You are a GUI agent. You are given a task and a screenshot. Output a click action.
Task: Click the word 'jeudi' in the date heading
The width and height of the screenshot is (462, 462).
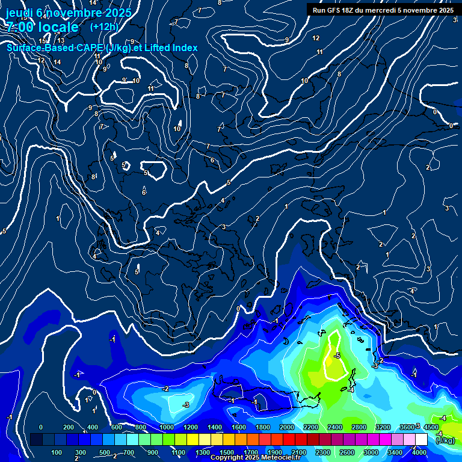point(19,13)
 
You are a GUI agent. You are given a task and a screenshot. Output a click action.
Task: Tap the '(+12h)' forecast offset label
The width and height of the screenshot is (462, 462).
point(104,27)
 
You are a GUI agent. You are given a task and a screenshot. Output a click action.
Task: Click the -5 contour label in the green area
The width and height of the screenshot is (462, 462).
point(337,356)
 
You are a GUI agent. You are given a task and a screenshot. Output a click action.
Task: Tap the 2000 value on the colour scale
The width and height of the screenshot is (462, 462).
point(286,427)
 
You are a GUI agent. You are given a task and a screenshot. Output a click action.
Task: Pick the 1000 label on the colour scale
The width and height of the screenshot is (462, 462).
point(167,427)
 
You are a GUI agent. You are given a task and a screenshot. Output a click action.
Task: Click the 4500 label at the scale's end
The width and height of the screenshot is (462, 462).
point(431,427)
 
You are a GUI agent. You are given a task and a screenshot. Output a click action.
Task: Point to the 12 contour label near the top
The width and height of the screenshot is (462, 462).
point(316,38)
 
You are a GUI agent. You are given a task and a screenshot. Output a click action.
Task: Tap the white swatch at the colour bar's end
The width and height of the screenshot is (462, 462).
point(421,439)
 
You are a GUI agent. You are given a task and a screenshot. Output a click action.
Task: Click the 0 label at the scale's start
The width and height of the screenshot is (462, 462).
point(41,427)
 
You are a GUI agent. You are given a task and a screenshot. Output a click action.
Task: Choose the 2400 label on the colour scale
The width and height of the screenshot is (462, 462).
point(334,427)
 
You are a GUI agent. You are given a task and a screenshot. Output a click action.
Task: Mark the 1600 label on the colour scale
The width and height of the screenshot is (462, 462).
point(239,427)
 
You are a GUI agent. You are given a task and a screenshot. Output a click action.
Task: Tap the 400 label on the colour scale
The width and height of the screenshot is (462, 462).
point(93,427)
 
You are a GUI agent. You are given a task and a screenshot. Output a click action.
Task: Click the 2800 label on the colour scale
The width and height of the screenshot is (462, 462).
point(359,427)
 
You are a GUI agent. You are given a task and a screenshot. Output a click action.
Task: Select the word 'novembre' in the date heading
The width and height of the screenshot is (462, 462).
point(67,13)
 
